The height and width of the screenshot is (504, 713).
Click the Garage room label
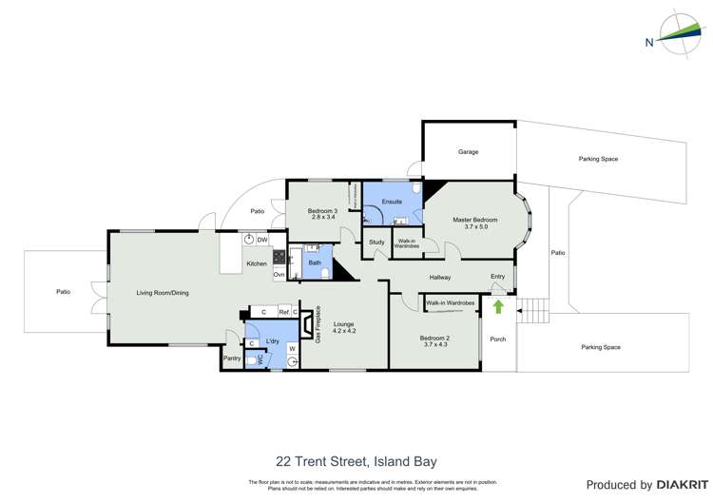(468, 152)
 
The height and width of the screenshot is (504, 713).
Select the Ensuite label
(392, 202)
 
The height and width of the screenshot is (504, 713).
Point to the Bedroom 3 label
(323, 211)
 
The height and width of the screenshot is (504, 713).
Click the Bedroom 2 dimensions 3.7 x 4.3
(434, 345)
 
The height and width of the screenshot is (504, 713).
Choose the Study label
(376, 242)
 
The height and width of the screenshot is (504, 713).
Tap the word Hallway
(439, 278)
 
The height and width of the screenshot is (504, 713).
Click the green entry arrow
(498, 307)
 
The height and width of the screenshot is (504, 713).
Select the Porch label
(497, 339)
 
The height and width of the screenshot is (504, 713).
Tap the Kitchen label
(257, 263)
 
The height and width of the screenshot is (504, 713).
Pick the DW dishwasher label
(261, 240)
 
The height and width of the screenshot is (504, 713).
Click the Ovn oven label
(279, 275)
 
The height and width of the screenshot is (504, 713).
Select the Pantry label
(231, 359)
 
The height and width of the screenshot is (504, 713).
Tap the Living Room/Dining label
(163, 293)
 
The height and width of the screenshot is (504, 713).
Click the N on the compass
(648, 42)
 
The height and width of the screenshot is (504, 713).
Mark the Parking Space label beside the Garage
(598, 159)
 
